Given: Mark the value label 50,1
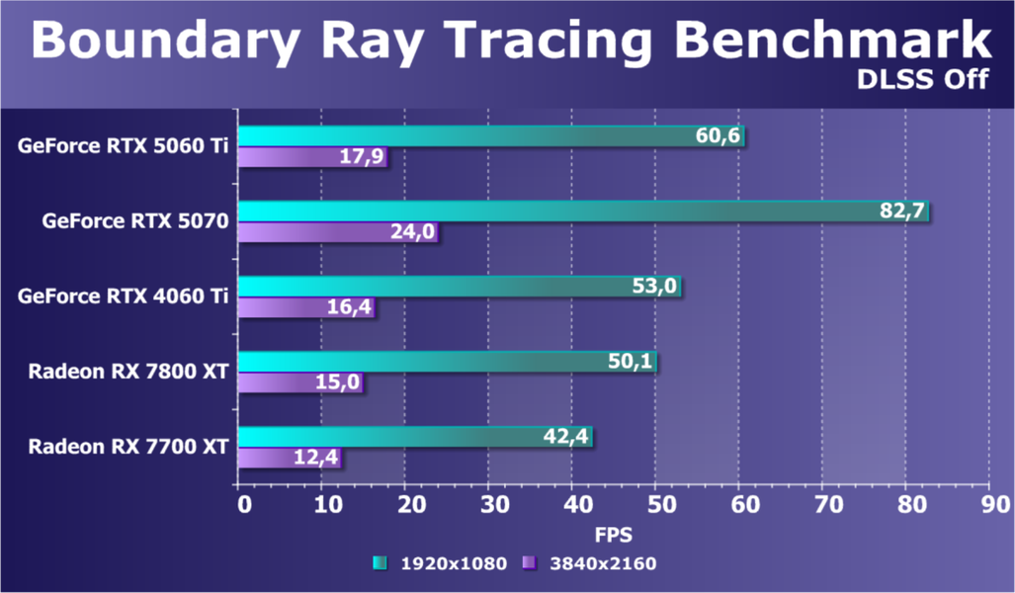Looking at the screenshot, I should pos(631,362).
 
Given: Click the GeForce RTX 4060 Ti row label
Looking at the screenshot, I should pos(124,296).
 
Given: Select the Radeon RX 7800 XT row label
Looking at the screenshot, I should pos(128,372).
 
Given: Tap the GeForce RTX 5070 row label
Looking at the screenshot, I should pos(135,221).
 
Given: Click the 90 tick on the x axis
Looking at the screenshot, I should pos(988,505).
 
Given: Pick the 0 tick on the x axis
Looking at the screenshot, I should pos(243,505).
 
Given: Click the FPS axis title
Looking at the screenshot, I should pos(614,535).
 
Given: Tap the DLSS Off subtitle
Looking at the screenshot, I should pos(923,80).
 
